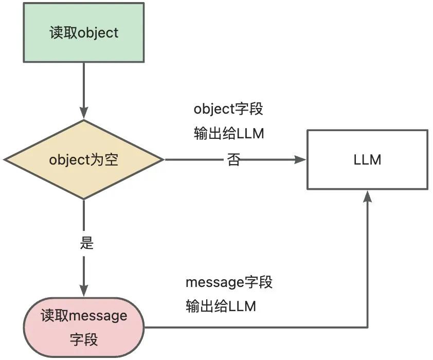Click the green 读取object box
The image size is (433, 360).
(84, 33)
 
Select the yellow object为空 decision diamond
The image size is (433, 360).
(84, 159)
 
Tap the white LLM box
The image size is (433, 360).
(367, 159)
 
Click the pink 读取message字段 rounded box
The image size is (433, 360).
(84, 327)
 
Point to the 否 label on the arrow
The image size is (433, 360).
(233, 160)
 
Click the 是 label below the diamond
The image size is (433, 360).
(87, 243)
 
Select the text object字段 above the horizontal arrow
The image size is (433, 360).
(228, 110)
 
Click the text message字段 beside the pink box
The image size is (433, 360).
(229, 282)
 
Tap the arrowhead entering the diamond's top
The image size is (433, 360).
(84, 114)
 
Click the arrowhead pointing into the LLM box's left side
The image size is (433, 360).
(301, 159)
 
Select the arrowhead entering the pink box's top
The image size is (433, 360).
(84, 291)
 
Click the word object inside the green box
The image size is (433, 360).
(98, 33)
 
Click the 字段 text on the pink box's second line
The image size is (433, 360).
(84, 339)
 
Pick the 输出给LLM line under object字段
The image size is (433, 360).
(228, 134)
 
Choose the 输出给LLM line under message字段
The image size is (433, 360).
(221, 307)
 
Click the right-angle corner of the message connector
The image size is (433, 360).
(367, 327)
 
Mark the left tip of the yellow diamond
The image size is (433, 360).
(4, 159)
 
